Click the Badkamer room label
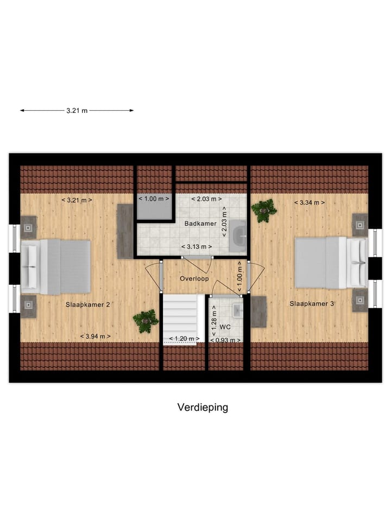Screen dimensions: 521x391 pos(200,224)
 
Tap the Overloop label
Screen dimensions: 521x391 pos(194,278)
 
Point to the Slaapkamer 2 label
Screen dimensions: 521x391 pos(88,305)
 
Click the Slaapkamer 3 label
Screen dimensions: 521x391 pos(312,303)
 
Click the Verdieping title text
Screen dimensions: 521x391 pos(203,408)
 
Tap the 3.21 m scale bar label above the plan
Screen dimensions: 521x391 pos(77,111)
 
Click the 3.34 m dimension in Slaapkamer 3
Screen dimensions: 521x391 pos(310,203)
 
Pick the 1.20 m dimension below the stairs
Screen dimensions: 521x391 pos(184,339)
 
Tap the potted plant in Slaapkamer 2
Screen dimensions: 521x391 pos(146,321)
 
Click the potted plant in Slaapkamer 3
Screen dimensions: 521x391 pos(264,210)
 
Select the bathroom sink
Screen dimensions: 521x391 pos(238,236)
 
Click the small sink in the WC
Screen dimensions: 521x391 pos(237,310)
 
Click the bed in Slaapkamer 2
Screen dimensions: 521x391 pos(56,267)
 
